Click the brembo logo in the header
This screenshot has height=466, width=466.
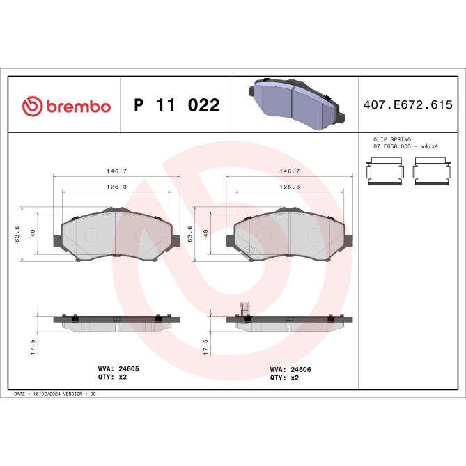[x=66, y=106]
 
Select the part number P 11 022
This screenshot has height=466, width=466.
[x=176, y=106]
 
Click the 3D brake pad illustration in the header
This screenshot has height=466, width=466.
[x=294, y=103]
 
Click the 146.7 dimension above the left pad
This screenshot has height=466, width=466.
[x=116, y=171]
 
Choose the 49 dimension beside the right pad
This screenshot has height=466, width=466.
[x=205, y=234]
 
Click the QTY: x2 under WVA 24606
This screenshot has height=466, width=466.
[x=284, y=378]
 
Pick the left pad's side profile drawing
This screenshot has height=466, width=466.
[x=116, y=321]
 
